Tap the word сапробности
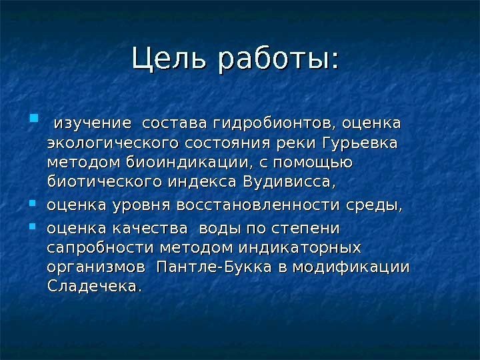100,248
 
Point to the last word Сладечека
95,287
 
